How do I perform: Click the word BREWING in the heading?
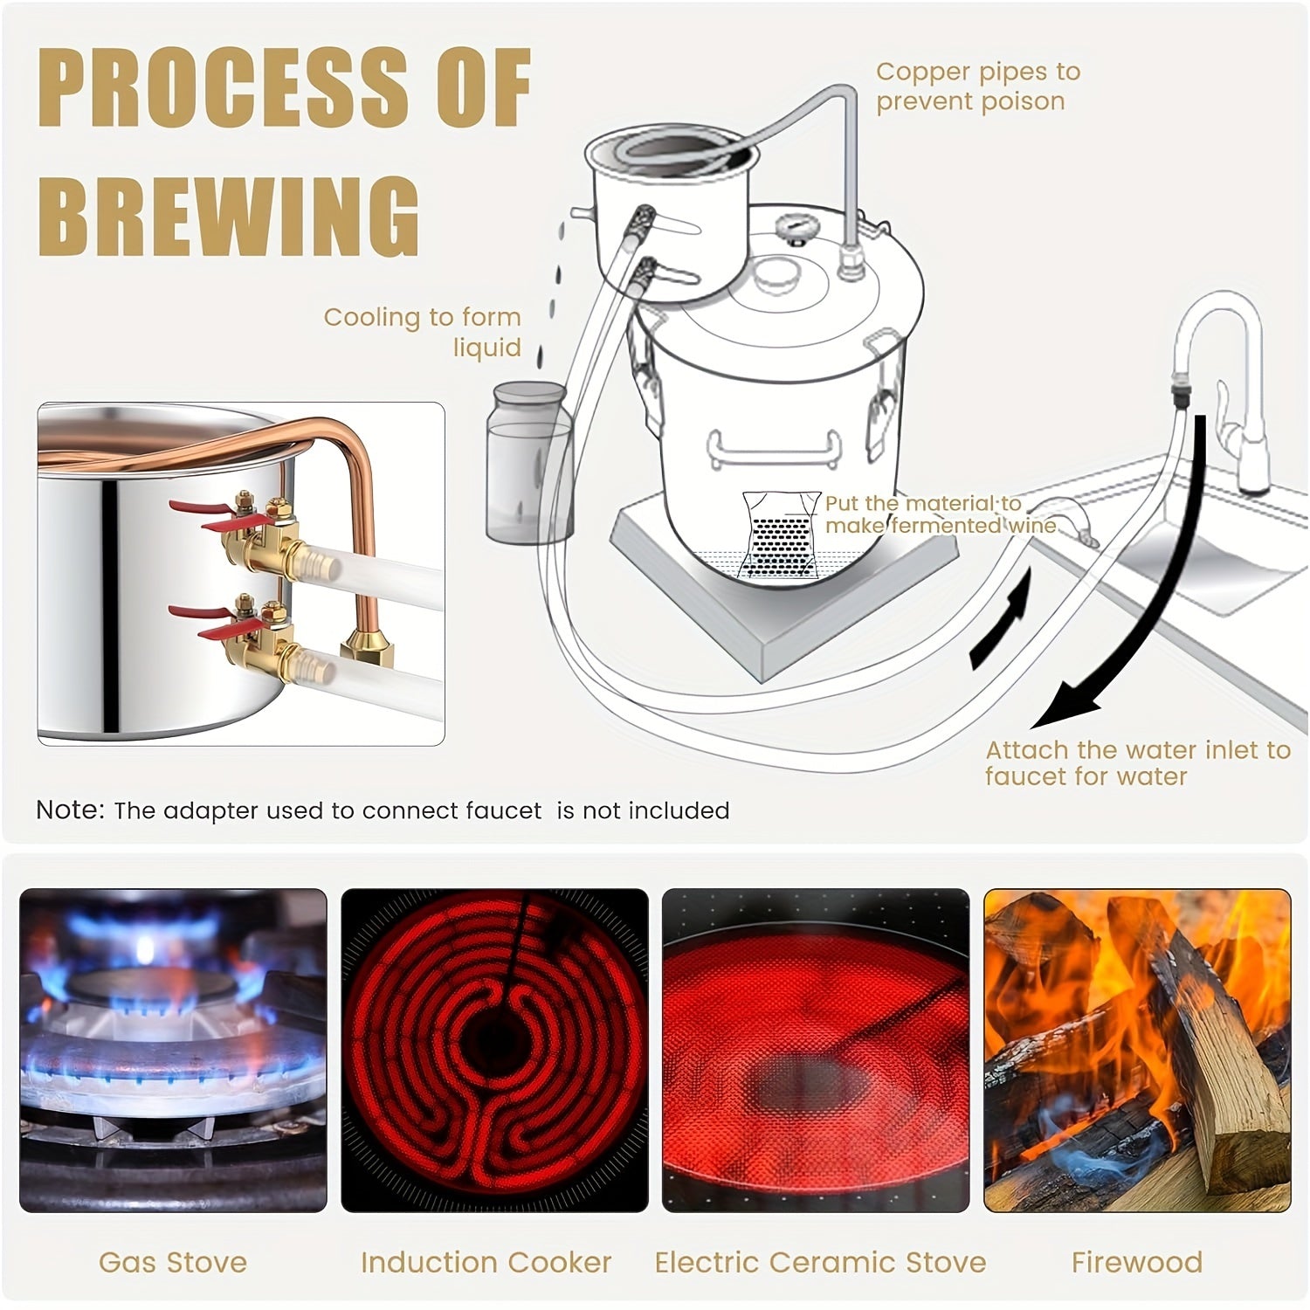[229, 217]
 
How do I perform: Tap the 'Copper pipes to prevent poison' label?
[977, 86]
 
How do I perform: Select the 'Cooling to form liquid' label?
[423, 332]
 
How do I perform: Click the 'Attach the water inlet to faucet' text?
[1137, 763]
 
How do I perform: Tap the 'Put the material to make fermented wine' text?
[939, 514]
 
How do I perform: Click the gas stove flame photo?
[173, 1050]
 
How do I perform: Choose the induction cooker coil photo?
[494, 1050]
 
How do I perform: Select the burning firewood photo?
[1137, 1050]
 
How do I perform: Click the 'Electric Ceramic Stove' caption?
[820, 1262]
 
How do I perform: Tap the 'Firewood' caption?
[1137, 1262]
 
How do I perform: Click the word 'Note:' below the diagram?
[70, 810]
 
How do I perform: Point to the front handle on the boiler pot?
[773, 450]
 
